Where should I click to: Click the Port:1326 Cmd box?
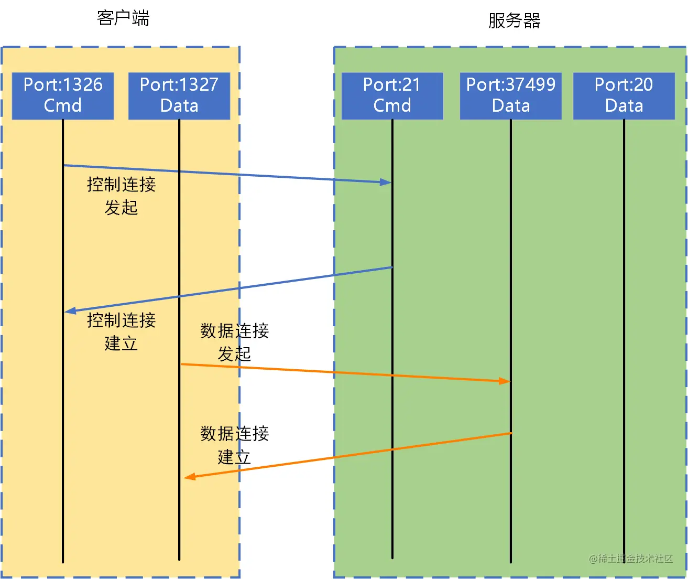[x=63, y=95]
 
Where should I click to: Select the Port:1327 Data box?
[x=179, y=95]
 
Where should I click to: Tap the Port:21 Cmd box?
[x=392, y=95]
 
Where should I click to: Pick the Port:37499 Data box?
[x=511, y=95]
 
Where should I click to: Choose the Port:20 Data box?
[x=624, y=95]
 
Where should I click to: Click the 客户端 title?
[x=123, y=18]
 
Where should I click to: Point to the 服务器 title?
[x=514, y=21]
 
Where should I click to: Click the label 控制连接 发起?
[x=121, y=196]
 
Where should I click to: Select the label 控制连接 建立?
[x=121, y=331]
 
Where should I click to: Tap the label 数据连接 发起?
[x=234, y=342]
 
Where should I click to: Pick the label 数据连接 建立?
[x=234, y=445]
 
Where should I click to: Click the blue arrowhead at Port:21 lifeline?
[x=387, y=182]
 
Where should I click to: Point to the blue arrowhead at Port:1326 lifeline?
[x=69, y=312]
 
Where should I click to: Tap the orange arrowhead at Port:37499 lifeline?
[x=505, y=381]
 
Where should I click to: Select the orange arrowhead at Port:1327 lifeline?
[x=189, y=477]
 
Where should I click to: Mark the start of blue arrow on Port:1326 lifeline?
[x=63, y=166]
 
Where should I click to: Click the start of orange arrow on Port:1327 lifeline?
[x=181, y=364]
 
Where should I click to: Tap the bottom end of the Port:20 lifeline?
[x=624, y=561]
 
